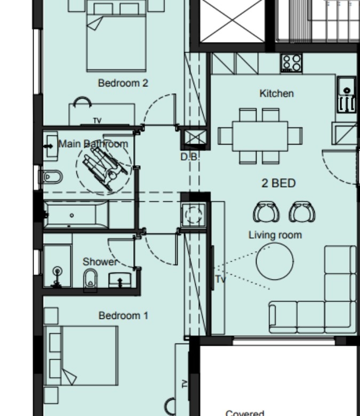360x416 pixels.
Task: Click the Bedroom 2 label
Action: (123, 83)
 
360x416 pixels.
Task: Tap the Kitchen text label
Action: (276, 93)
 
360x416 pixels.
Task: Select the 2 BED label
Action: (278, 183)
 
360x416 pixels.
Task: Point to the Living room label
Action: (275, 235)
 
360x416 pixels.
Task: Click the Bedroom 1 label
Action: (123, 316)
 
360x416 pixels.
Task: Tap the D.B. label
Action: (189, 157)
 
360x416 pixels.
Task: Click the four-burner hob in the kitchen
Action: (292, 63)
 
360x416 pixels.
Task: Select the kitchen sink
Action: (347, 94)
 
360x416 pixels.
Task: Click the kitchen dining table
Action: (260, 136)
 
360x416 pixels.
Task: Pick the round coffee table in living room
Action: (275, 261)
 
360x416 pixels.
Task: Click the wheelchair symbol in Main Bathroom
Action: (104, 167)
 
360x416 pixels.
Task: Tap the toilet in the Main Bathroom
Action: (51, 177)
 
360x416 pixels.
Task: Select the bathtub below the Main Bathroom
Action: (76, 215)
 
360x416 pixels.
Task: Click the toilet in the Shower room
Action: (90, 280)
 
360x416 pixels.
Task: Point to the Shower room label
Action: (100, 262)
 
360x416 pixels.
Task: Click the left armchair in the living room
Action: (266, 211)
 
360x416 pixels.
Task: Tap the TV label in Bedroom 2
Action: (98, 121)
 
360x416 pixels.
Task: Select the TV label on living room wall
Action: (220, 279)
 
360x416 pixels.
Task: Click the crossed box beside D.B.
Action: (195, 137)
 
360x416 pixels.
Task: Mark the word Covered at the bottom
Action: (245, 413)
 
